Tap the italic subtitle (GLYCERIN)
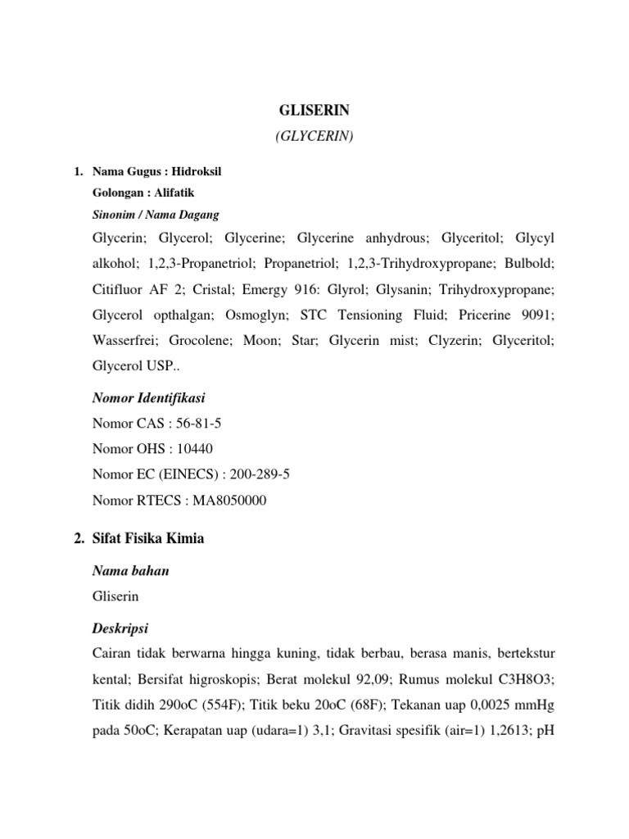[314, 138]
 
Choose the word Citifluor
[120, 290]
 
